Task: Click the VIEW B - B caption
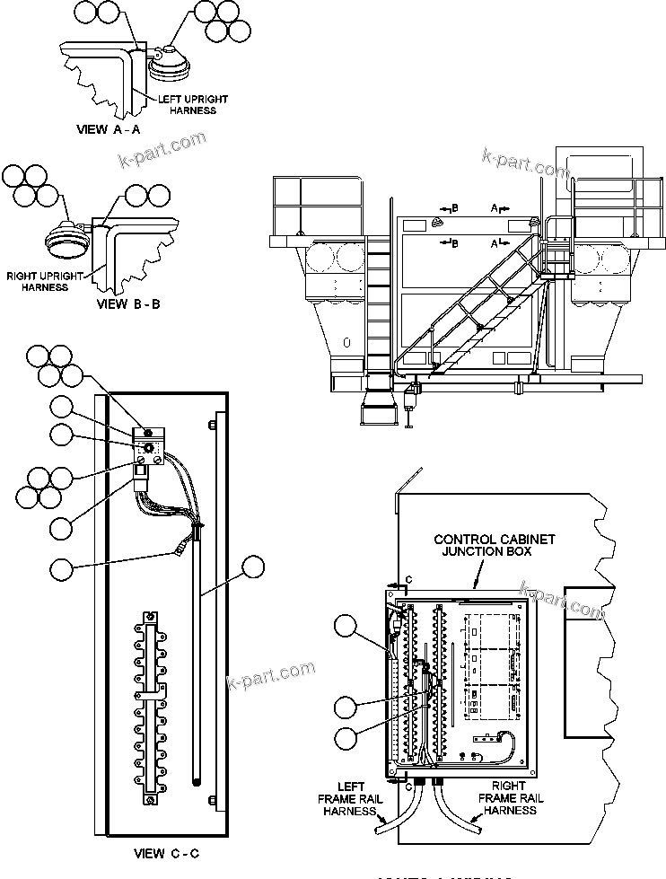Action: click(127, 303)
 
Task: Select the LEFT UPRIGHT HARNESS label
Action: click(193, 104)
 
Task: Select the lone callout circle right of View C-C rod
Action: click(254, 567)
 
